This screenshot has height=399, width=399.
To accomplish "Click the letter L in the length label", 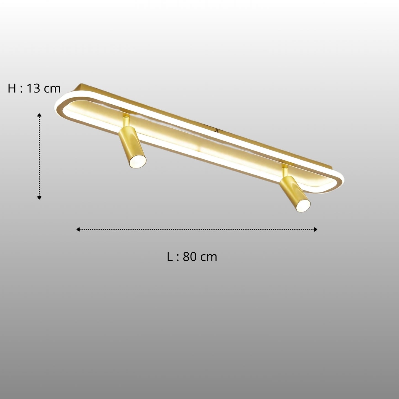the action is click(x=170, y=257).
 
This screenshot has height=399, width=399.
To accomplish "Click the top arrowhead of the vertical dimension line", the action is click(x=39, y=115).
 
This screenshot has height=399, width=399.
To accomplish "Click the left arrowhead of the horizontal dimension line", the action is click(x=78, y=229).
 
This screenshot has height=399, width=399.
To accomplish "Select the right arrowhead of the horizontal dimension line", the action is click(x=315, y=229).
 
